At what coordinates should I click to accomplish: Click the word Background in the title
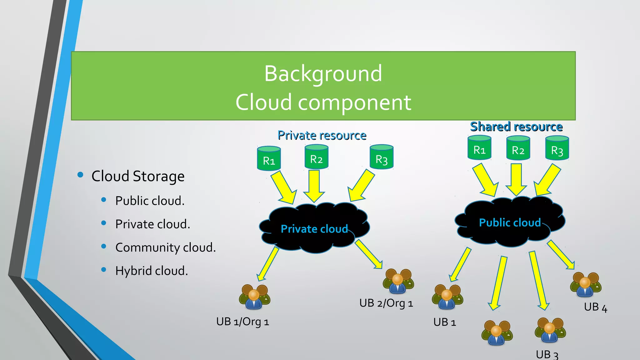[x=323, y=74]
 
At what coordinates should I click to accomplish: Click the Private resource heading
[x=322, y=135]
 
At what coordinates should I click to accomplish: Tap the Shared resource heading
[x=516, y=127]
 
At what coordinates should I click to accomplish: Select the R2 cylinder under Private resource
[x=316, y=157]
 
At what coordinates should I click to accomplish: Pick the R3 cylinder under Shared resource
[x=557, y=148]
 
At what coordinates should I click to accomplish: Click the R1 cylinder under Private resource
[x=269, y=159]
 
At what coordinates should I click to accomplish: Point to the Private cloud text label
[x=314, y=229]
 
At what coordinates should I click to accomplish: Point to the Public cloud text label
[x=510, y=222]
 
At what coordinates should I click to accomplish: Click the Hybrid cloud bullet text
[x=152, y=271]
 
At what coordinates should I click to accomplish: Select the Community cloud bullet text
[x=165, y=247]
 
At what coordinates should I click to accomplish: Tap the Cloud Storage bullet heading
[x=138, y=176]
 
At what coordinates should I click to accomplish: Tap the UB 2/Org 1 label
[x=386, y=303]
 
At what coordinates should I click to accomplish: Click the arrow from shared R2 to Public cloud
[x=516, y=179]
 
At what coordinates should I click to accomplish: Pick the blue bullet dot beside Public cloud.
[x=104, y=200]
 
